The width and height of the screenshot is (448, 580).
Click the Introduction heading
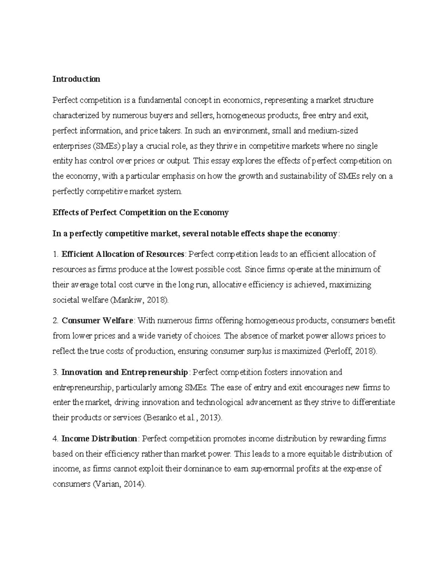click(76, 79)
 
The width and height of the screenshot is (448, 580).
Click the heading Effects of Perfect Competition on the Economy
click(140, 213)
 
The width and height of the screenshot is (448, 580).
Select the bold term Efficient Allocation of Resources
click(123, 254)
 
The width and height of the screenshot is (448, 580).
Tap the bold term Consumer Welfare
click(97, 320)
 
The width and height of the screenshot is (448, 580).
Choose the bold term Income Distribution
click(99, 438)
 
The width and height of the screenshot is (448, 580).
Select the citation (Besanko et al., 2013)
click(183, 418)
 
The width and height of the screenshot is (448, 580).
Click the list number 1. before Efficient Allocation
click(56, 254)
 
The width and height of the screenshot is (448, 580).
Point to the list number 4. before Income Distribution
click(56, 438)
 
